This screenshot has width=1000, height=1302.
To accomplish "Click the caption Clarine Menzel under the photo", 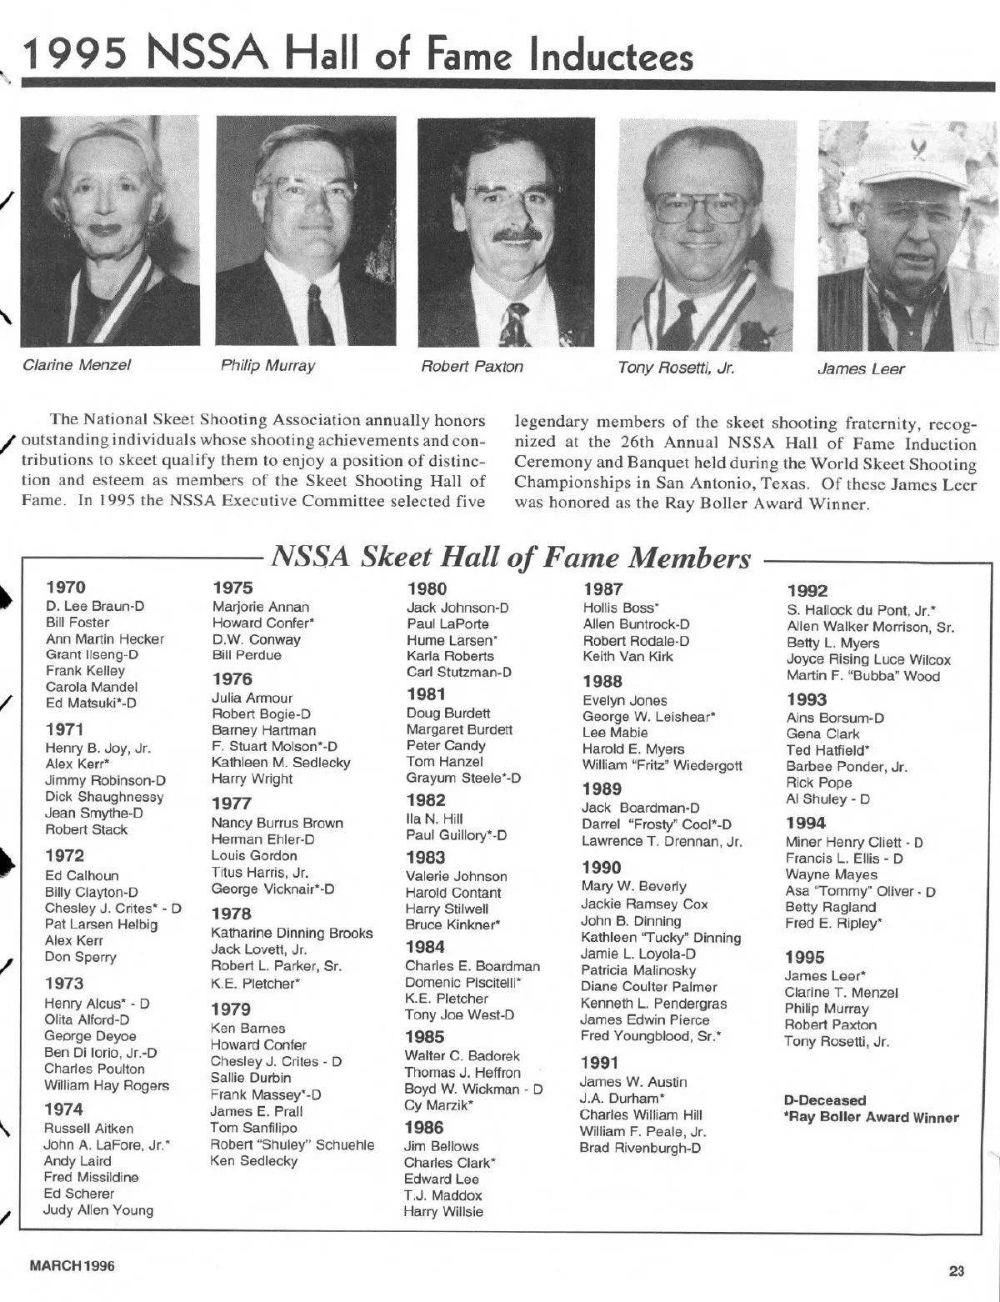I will tap(77, 365).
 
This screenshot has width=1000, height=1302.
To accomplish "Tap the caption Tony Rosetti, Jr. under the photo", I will tap(676, 368).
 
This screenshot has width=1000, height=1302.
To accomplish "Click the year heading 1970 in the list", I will tap(66, 587).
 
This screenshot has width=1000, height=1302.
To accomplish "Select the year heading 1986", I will tap(424, 1127).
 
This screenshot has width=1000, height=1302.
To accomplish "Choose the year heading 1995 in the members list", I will tap(804, 957).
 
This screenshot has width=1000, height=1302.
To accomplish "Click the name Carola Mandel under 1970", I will tap(92, 687).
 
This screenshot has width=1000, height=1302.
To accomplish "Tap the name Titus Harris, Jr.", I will tap(259, 872).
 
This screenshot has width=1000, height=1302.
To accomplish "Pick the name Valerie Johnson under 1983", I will tap(456, 876).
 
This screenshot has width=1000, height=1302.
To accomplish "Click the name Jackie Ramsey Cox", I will tap(644, 904).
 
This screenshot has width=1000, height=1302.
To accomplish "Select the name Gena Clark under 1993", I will tap(822, 734).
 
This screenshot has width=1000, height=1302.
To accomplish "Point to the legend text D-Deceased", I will tap(825, 1100).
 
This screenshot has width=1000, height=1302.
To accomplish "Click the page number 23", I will tap(956, 1271).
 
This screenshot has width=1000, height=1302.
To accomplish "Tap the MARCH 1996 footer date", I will tap(72, 1266).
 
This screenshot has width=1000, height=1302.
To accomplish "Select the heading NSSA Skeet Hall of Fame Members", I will tap(511, 557).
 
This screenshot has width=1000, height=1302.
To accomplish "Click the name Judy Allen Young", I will tap(98, 1209).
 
